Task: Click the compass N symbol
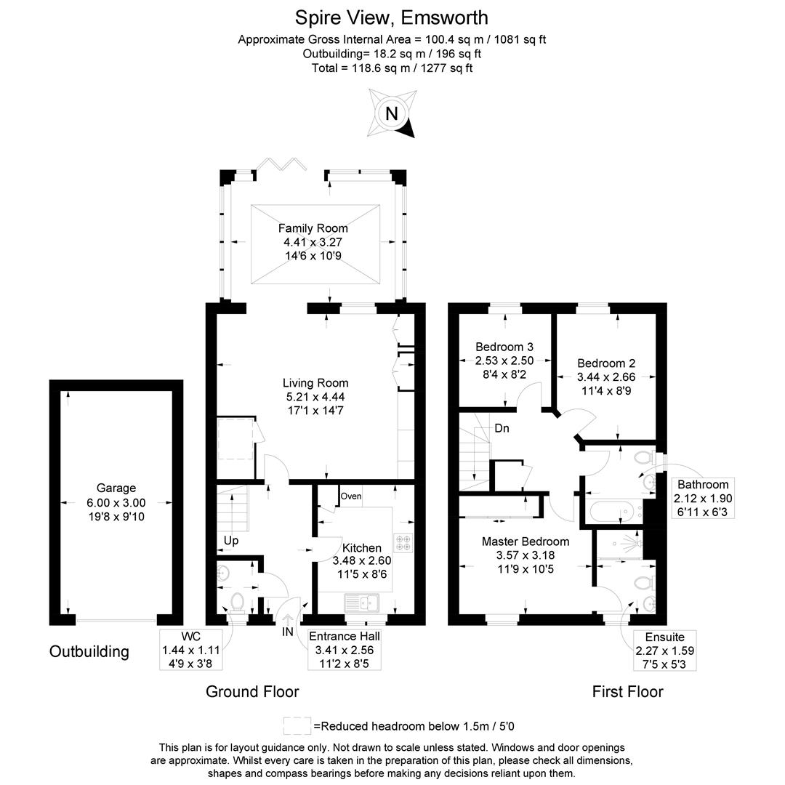[392, 113]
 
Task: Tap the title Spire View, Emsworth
[392, 17]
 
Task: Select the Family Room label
[313, 228]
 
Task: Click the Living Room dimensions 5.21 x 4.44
[315, 396]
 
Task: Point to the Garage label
[116, 488]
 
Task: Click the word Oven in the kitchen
[350, 496]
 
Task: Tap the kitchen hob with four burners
[403, 543]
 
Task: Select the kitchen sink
[361, 602]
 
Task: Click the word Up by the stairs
[231, 542]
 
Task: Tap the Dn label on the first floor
[502, 429]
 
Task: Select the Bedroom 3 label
[504, 347]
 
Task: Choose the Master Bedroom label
[526, 542]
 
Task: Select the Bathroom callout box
[703, 498]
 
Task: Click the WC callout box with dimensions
[191, 650]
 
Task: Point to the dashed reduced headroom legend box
[296, 725]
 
